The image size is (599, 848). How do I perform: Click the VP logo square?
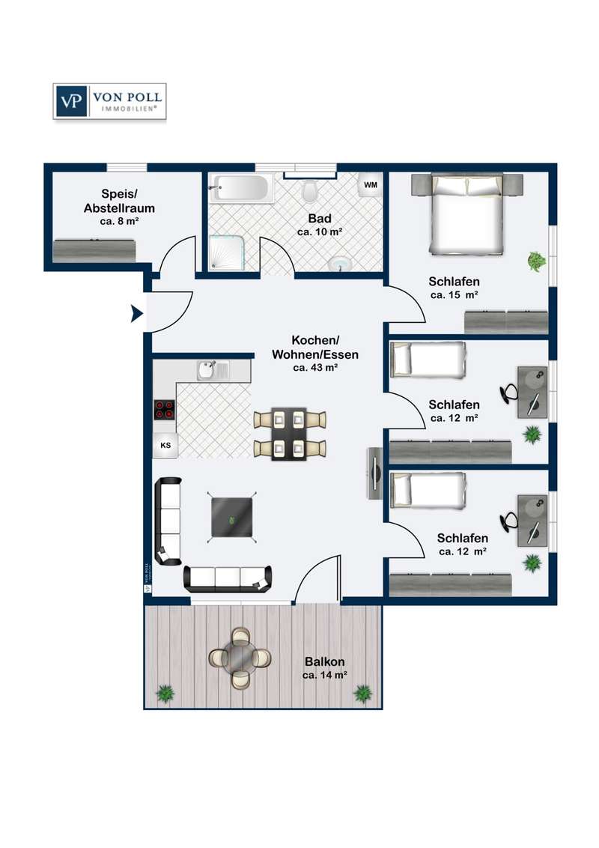pos(71,101)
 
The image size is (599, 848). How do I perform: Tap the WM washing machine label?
pos(371,185)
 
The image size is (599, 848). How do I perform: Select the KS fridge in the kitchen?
pos(165,445)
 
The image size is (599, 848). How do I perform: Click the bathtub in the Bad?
pos(240,188)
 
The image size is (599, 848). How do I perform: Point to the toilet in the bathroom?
pos(310,190)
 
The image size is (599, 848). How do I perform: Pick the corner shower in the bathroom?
pos(227,252)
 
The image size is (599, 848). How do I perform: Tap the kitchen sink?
pos(213,371)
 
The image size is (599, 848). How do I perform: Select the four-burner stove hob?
pos(164,410)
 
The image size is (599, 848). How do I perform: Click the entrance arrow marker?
pos(137,313)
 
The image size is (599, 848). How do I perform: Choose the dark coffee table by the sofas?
pos(232,517)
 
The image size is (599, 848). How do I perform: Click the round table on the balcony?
pos(240,658)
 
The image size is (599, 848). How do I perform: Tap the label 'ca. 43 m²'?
pos(315,368)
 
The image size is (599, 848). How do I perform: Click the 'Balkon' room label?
pos(324,661)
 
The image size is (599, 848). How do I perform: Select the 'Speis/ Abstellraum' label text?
pos(120,201)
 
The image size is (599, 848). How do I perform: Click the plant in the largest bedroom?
pos(537,261)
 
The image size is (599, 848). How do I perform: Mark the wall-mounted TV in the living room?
pos(374,473)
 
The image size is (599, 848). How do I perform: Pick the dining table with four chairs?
pos(290,434)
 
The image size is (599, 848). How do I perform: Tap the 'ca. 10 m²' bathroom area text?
pos(320,232)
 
